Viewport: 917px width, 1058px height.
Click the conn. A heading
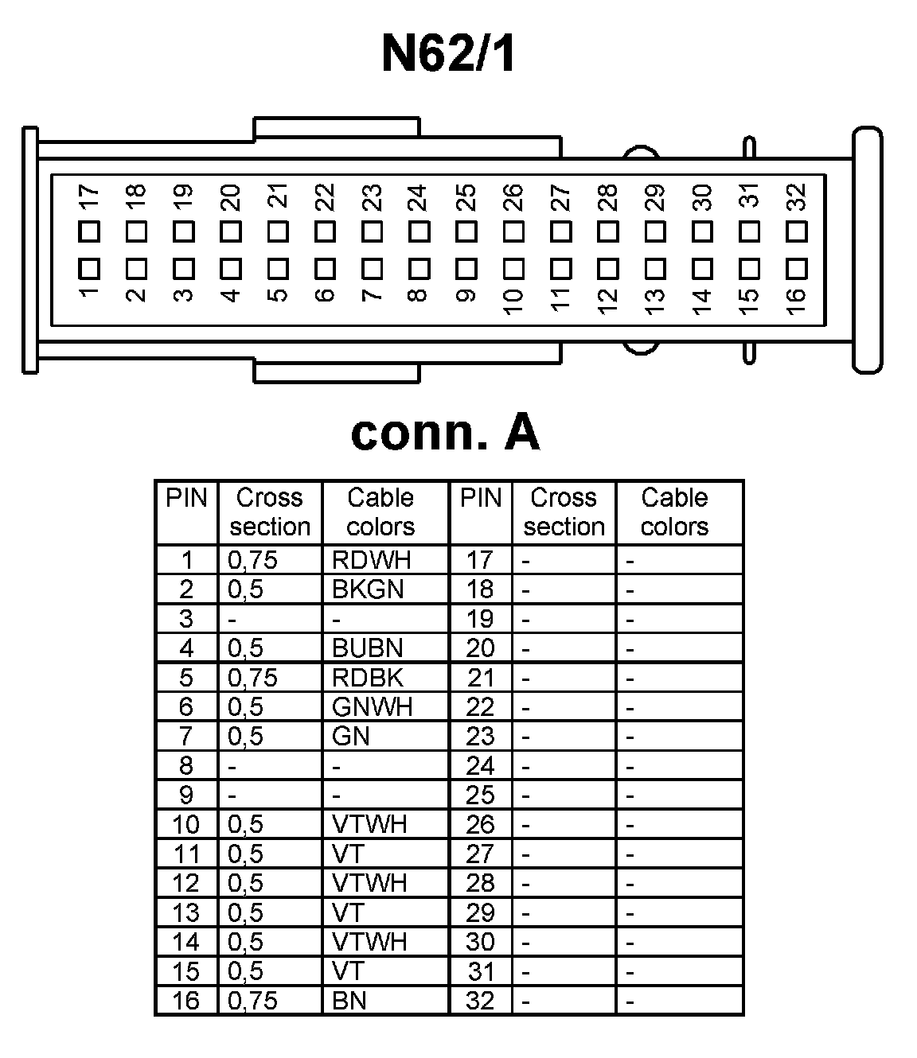coord(445,434)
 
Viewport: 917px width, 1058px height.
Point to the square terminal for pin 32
coord(797,232)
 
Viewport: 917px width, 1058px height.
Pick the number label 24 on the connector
coord(418,198)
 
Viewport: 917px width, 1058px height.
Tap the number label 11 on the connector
coord(560,299)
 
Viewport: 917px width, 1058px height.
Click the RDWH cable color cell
coord(371,560)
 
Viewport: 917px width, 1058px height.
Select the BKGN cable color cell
coord(368,589)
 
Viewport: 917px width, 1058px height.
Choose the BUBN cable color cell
coord(368,648)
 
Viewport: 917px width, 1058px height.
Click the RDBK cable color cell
coord(368,678)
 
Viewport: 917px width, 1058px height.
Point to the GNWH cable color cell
coord(372,707)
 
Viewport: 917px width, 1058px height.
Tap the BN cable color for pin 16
coord(349,1001)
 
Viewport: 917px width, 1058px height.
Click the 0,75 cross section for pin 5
coord(252,678)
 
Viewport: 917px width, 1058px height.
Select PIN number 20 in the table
coord(480,648)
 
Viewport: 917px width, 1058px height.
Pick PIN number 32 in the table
coord(480,1001)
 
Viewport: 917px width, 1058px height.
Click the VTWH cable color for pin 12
coord(369,883)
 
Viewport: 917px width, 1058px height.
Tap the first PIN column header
coord(186,499)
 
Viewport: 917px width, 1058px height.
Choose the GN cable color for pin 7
coord(351,737)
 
